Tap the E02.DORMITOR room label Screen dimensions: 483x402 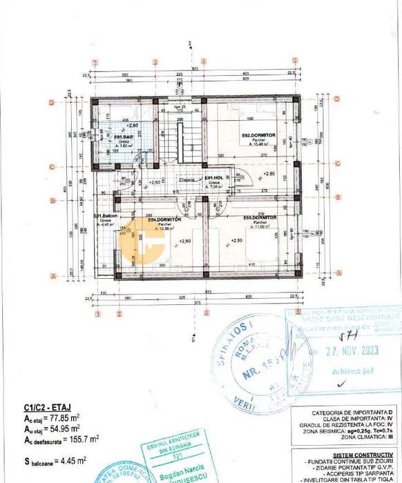click(x=254, y=135)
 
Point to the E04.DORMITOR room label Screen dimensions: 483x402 click(x=164, y=219)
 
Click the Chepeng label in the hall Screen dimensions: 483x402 click(x=187, y=179)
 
